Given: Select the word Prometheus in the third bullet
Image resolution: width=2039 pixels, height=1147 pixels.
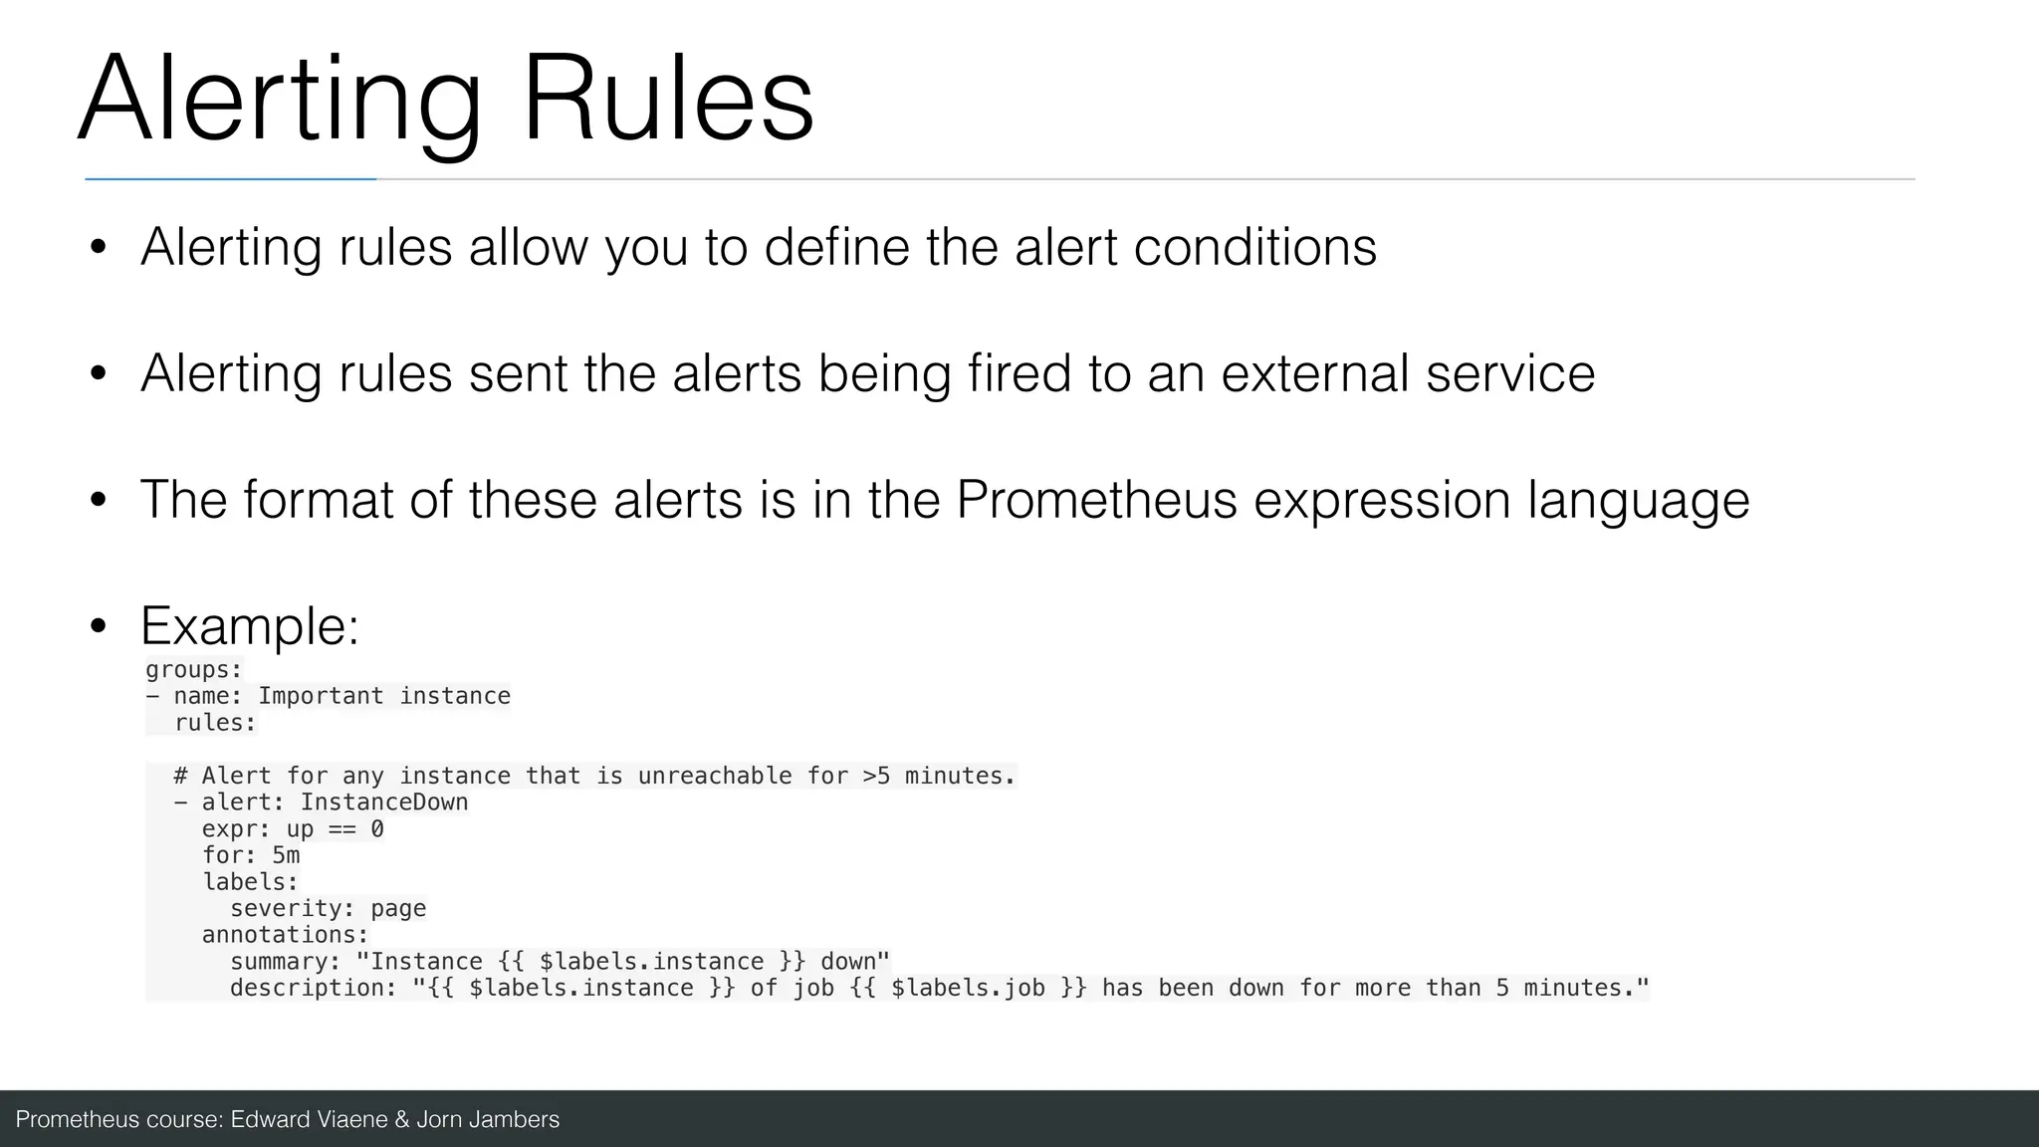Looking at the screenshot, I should pyautogui.click(x=1095, y=500).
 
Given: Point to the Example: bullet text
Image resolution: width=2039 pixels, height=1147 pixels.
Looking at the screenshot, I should pyautogui.click(x=249, y=626).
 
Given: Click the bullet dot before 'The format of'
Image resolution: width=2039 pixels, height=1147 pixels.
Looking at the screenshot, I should pyautogui.click(x=98, y=500).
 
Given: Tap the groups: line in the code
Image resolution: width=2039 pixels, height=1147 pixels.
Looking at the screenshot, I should pyautogui.click(x=194, y=670).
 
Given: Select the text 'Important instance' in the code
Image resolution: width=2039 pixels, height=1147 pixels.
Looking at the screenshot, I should pyautogui.click(x=384, y=696).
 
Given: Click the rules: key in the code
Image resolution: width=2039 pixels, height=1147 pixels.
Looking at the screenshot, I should pyautogui.click(x=215, y=723).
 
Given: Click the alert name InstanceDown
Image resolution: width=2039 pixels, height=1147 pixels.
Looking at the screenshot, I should pyautogui.click(x=384, y=803).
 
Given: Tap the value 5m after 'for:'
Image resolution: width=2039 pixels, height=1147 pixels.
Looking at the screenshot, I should pyautogui.click(x=286, y=855).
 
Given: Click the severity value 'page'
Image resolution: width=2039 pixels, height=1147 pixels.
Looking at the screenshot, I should pyautogui.click(x=398, y=908).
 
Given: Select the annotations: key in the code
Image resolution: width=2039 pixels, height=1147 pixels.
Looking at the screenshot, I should pyautogui.click(x=285, y=935).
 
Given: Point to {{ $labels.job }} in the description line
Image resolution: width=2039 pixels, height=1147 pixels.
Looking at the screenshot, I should pyautogui.click(x=968, y=988).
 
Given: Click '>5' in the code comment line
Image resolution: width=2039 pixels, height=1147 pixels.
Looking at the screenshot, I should pyautogui.click(x=876, y=776).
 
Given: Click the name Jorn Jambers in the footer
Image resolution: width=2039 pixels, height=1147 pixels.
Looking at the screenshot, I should pyautogui.click(x=488, y=1119).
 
